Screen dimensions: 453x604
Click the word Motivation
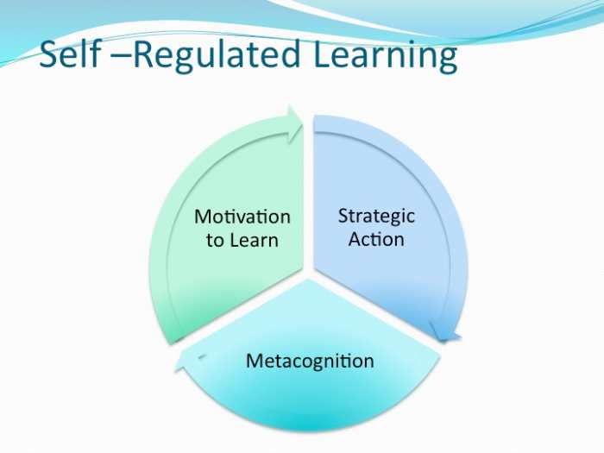click(242, 217)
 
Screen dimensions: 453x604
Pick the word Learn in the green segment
click(254, 239)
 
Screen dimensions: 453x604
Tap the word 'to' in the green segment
click(215, 240)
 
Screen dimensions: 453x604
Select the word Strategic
click(376, 216)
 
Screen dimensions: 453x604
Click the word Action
click(376, 238)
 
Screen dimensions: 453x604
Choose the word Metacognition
click(310, 360)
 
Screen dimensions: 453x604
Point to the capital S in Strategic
click(343, 216)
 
